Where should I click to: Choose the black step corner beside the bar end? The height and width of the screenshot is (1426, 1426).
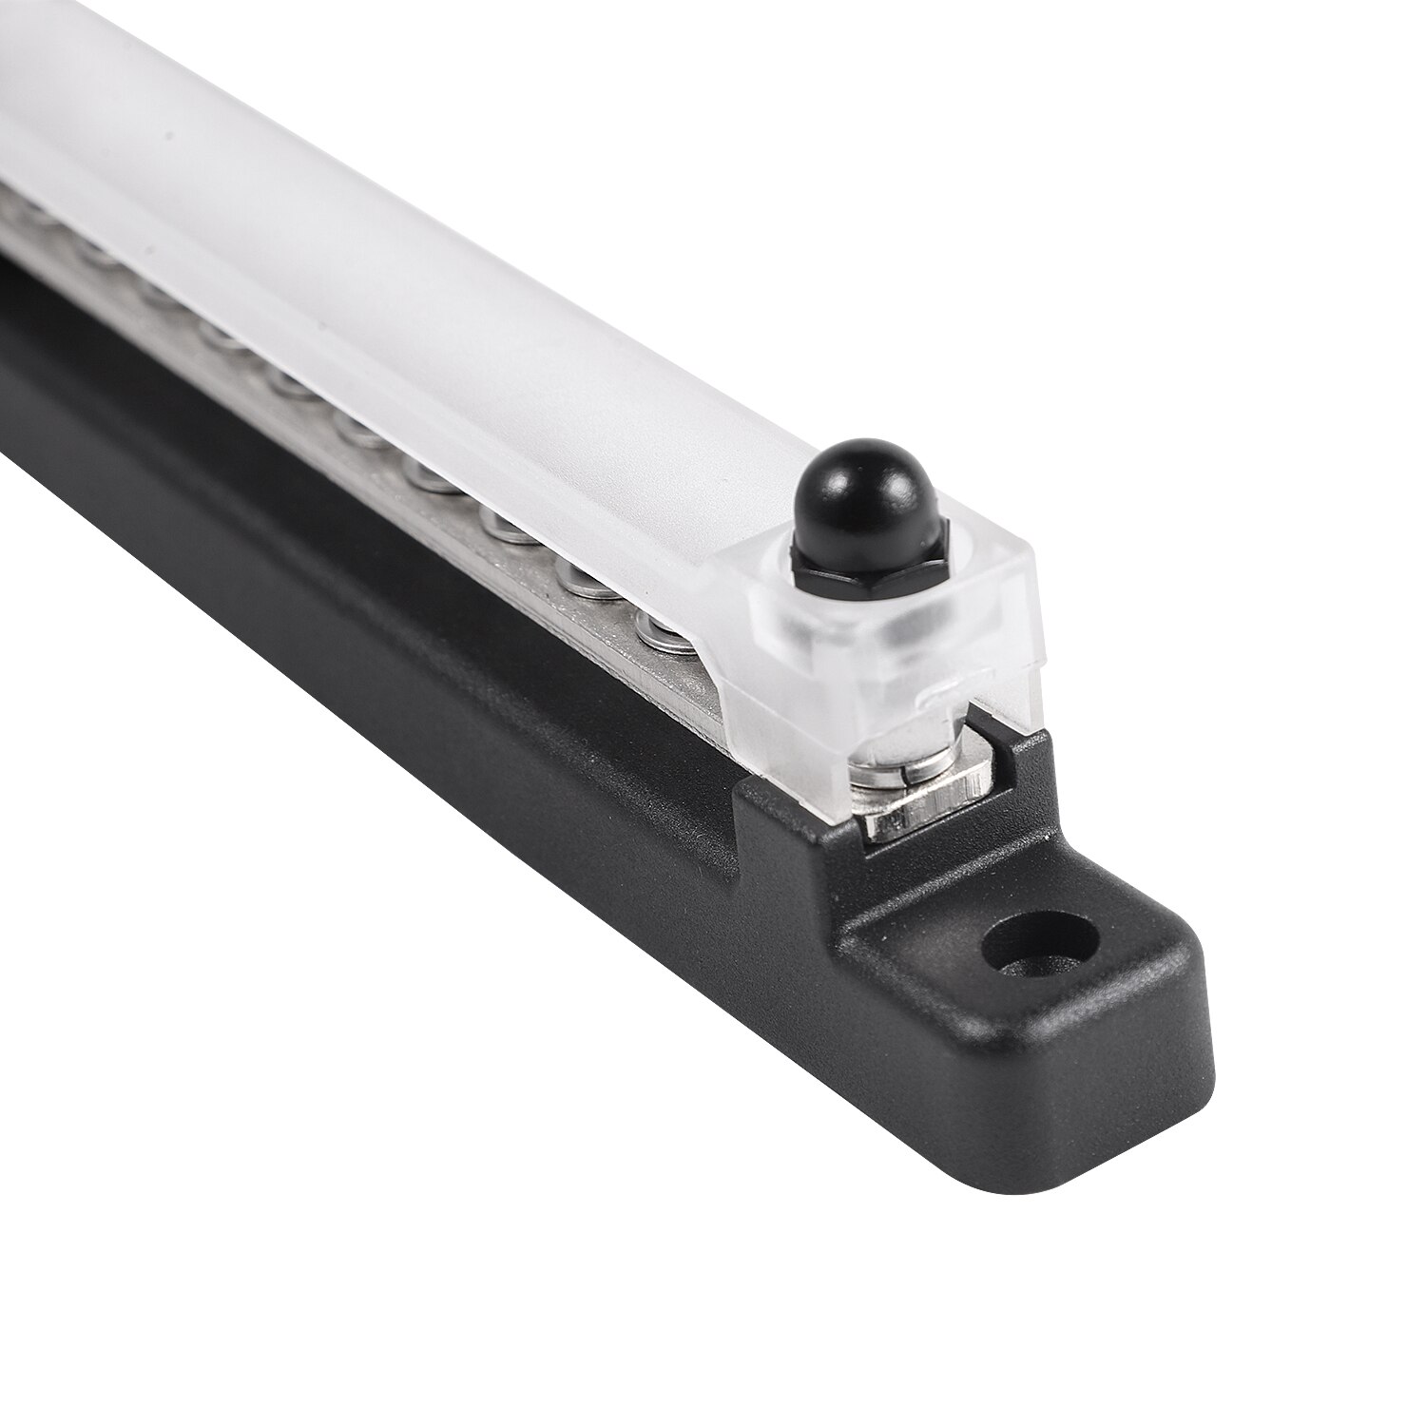click(x=761, y=799)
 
